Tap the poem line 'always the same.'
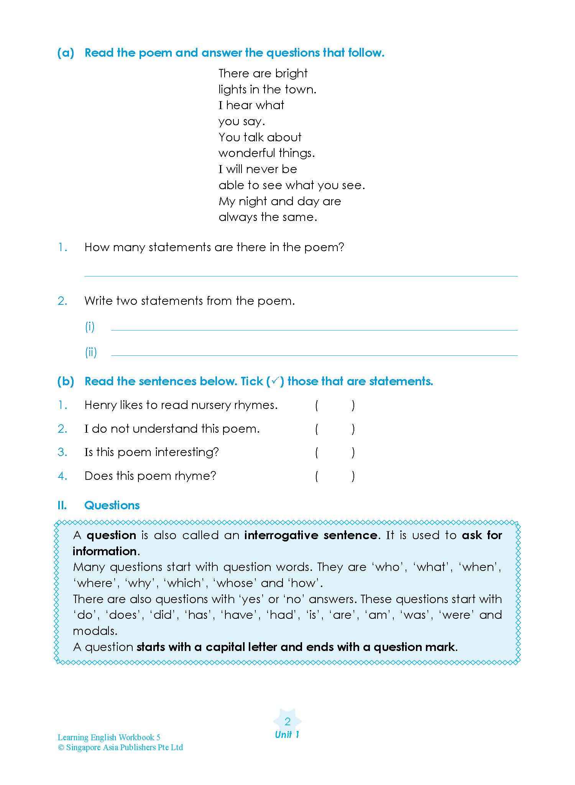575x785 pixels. (x=268, y=217)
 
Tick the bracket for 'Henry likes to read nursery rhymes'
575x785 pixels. (x=335, y=406)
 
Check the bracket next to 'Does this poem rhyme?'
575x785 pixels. (x=335, y=476)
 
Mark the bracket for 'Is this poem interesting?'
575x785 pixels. (x=335, y=453)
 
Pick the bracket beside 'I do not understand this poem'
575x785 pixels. (x=335, y=429)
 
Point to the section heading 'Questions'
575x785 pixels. (x=112, y=505)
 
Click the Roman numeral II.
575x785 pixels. (x=62, y=505)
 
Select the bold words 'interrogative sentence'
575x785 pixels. (x=310, y=535)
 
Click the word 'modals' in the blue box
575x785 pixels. (x=94, y=631)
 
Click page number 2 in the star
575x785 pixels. (x=287, y=722)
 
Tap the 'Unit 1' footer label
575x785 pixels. (x=287, y=734)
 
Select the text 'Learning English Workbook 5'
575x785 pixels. (x=109, y=738)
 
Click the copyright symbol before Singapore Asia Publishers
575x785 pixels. (x=61, y=747)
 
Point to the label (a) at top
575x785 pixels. (x=66, y=53)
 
